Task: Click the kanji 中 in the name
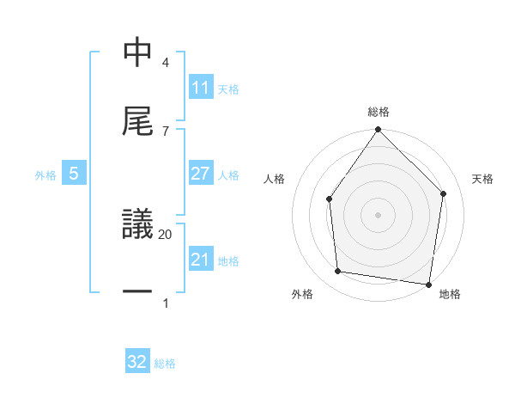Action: coord(137,53)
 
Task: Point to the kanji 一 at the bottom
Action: coord(137,292)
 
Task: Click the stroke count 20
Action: coord(166,234)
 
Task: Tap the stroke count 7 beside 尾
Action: coord(166,131)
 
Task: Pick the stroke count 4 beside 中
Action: coord(166,63)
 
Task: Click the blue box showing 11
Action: coord(201,88)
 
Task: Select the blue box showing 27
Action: coord(201,174)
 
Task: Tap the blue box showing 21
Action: coord(201,260)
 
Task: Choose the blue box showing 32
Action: coord(137,362)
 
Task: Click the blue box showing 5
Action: coord(74,174)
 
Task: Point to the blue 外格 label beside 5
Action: coord(45,175)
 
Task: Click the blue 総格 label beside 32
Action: coord(165,364)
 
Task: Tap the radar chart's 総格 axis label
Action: coord(379,112)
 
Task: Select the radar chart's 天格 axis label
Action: coord(483,179)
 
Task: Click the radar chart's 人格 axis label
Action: coord(275,179)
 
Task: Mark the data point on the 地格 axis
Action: coord(429,284)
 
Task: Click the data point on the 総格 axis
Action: coord(379,131)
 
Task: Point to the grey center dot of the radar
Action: coord(379,214)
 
